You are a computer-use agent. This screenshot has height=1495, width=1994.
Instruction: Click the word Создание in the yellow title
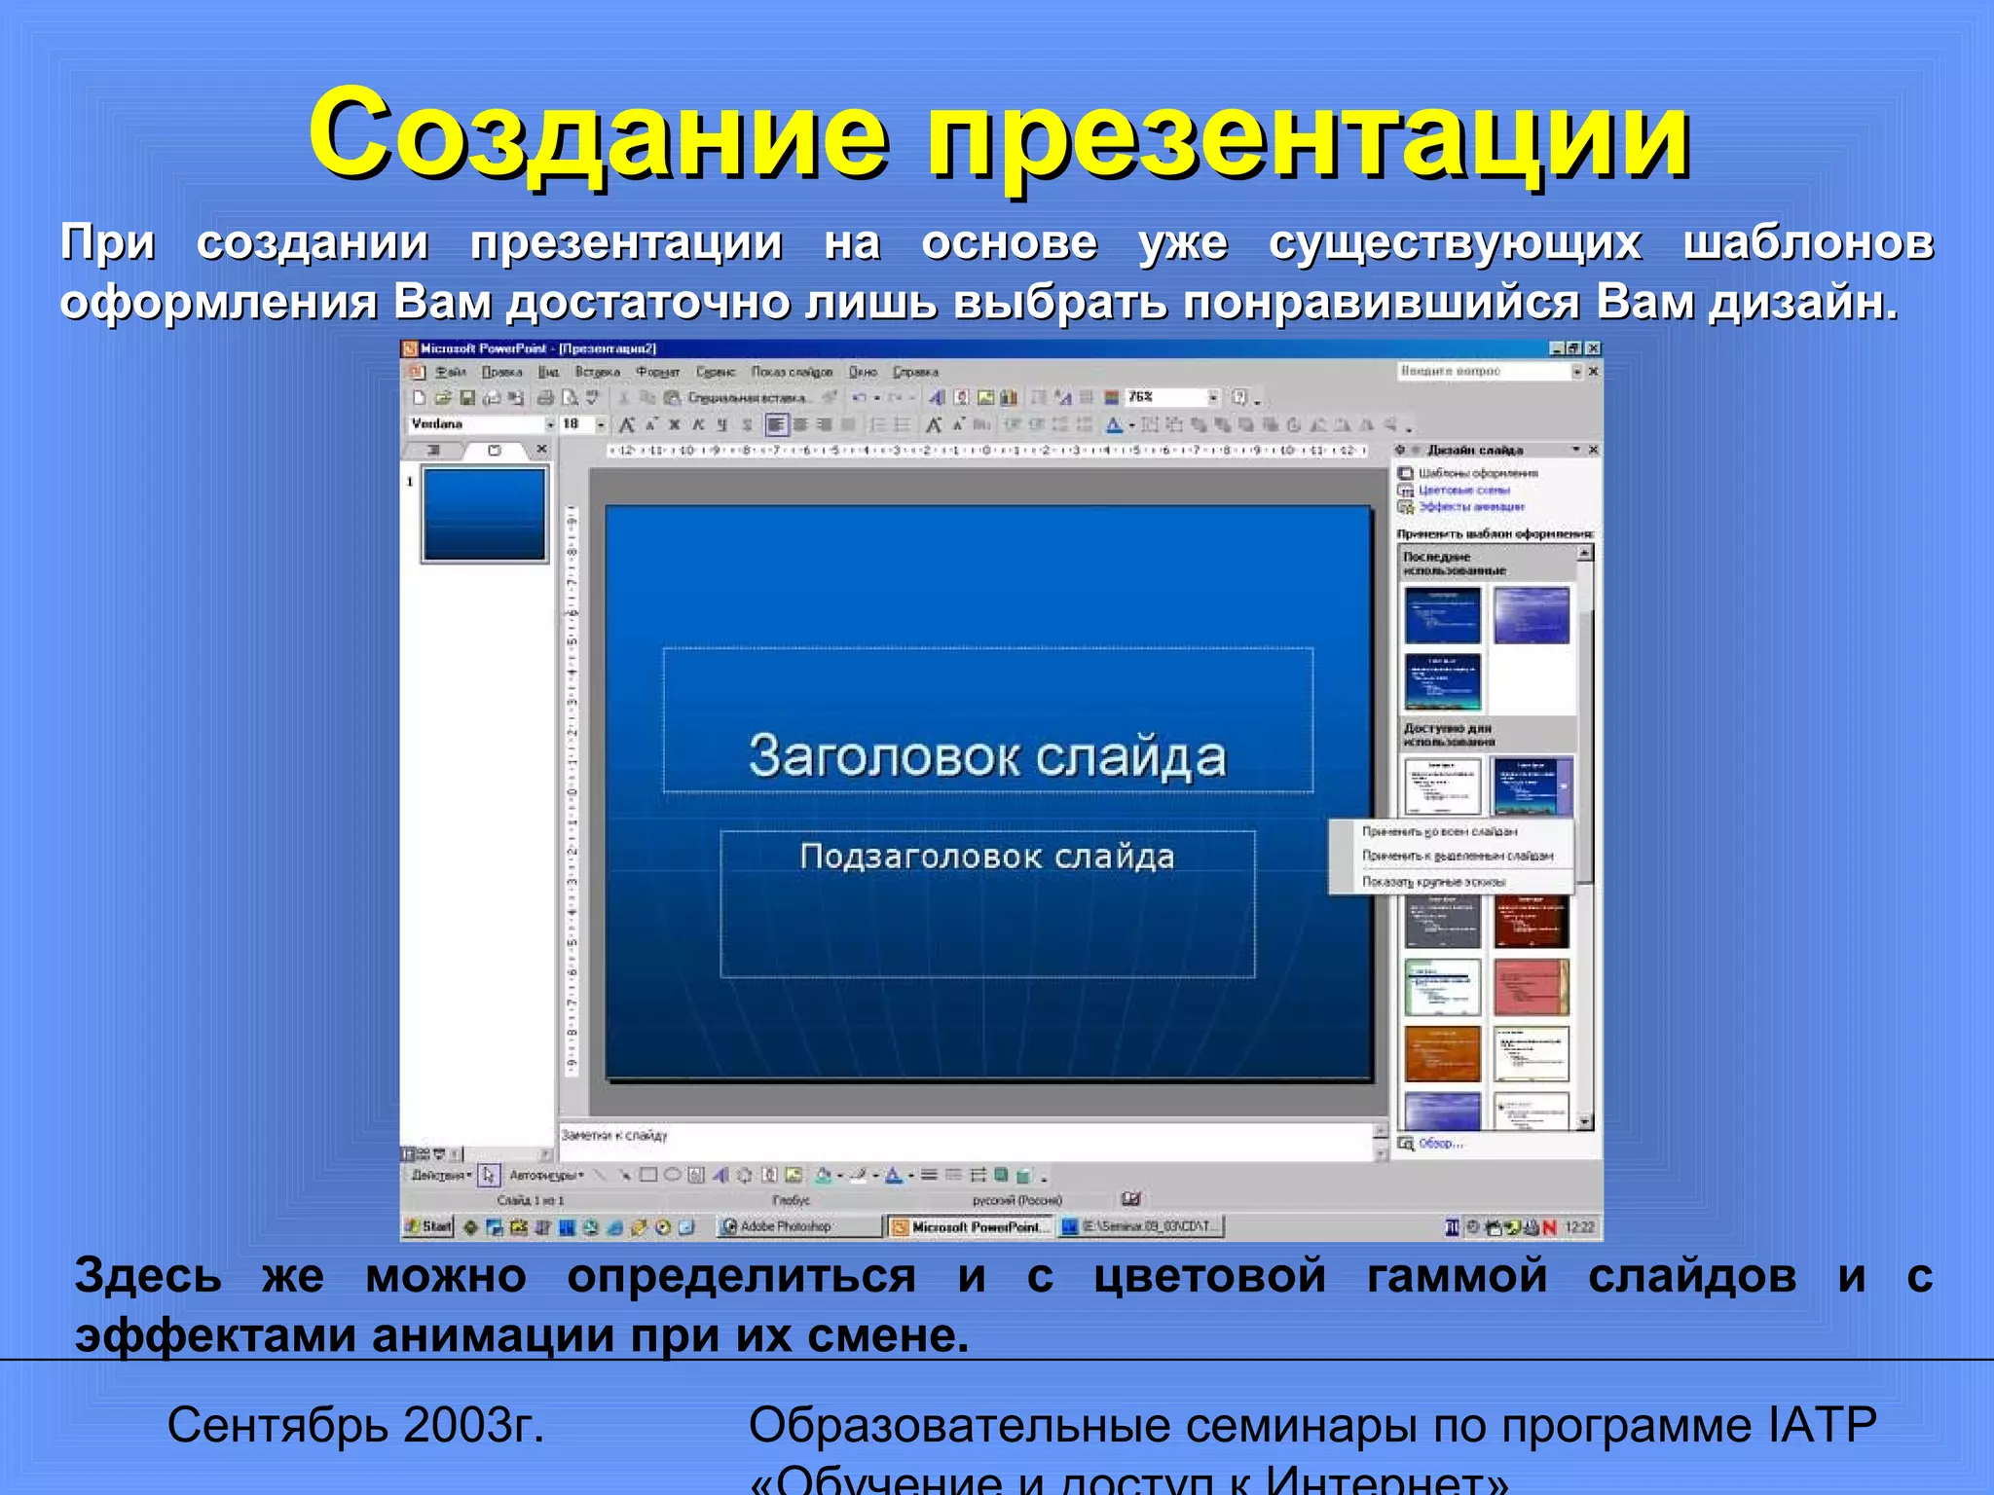tap(597, 136)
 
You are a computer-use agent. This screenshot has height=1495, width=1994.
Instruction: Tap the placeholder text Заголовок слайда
tap(986, 757)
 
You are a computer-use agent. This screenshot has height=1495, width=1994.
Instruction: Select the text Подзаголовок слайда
tap(986, 857)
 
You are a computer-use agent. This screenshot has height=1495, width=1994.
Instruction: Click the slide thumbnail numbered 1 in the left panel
tap(484, 514)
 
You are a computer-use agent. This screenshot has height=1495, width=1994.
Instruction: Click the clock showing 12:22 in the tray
tap(1579, 1227)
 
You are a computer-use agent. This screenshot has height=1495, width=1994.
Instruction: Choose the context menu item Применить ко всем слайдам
tap(1439, 832)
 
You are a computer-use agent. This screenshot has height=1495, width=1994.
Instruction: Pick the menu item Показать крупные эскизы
tap(1433, 882)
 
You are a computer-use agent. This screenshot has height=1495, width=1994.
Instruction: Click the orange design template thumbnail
tap(1442, 1053)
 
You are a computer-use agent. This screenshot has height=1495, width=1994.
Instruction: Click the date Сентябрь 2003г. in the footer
tap(355, 1426)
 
